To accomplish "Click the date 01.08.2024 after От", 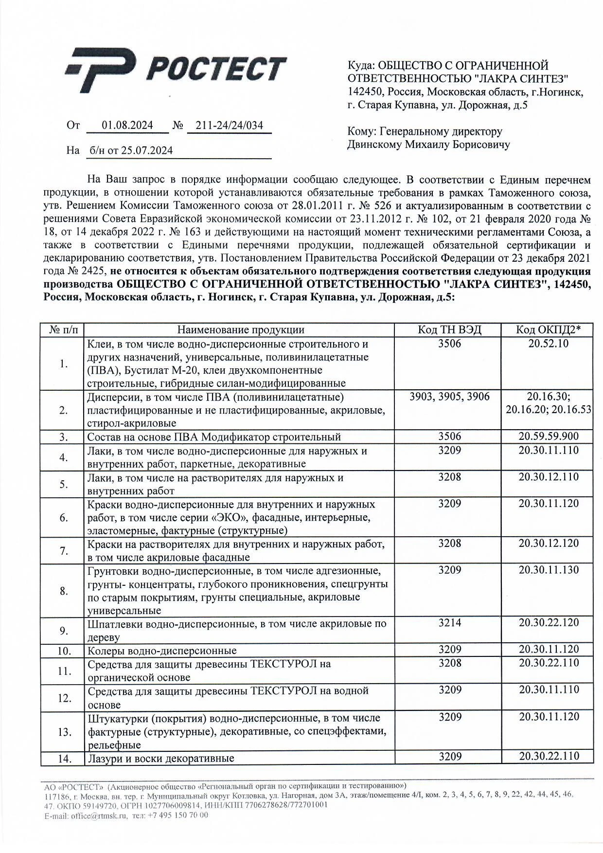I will click(x=127, y=126).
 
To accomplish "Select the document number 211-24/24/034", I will click(x=229, y=126).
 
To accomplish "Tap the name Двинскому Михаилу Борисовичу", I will click(x=428, y=145).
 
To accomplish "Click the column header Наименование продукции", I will click(x=240, y=330).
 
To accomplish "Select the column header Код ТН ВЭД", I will click(x=449, y=330).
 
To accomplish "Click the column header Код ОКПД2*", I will click(x=549, y=330).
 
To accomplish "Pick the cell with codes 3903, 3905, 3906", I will click(x=449, y=397).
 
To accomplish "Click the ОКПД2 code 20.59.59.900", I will click(x=549, y=436).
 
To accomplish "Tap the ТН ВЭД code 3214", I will click(x=449, y=623).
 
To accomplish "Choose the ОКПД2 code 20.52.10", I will click(x=549, y=344).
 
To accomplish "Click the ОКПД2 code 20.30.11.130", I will click(x=549, y=570).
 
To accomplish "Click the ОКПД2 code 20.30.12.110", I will click(x=549, y=477).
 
